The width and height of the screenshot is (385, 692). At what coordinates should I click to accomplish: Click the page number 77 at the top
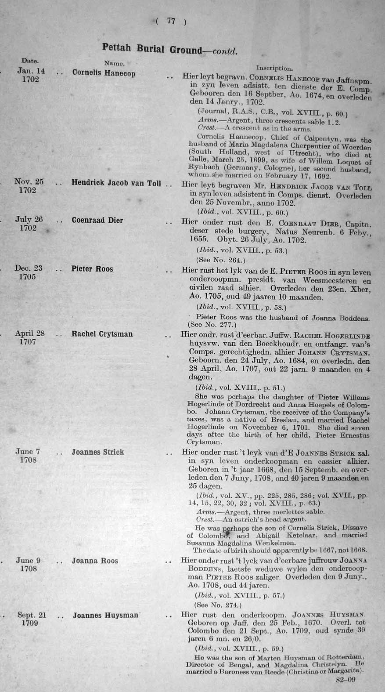(171, 22)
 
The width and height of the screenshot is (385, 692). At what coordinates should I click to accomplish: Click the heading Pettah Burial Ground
(151, 49)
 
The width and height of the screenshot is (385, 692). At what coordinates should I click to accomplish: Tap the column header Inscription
(274, 68)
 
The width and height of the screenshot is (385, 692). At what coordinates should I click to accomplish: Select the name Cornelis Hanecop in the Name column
(104, 73)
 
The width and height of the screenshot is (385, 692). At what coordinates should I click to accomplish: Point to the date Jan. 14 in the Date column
(31, 70)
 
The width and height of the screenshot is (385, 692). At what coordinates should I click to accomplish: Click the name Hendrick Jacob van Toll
(116, 183)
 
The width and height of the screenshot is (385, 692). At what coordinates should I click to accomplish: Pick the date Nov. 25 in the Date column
(29, 181)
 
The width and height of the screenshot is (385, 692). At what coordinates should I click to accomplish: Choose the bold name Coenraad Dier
(97, 220)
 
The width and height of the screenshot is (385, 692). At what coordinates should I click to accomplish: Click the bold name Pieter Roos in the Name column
(92, 268)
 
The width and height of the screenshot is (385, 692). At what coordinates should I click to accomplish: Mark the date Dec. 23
(29, 268)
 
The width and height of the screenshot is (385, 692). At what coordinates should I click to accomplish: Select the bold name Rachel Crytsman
(102, 334)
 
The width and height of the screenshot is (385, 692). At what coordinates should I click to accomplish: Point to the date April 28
(30, 333)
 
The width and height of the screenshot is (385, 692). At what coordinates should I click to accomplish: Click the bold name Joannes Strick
(98, 452)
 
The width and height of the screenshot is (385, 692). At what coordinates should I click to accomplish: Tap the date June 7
(28, 452)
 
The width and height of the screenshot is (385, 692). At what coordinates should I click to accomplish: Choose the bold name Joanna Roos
(95, 561)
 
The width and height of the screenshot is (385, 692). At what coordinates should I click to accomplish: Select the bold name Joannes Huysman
(105, 616)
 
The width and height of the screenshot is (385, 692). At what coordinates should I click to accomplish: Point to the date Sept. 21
(32, 615)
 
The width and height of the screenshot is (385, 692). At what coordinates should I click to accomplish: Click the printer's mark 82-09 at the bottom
(345, 679)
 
